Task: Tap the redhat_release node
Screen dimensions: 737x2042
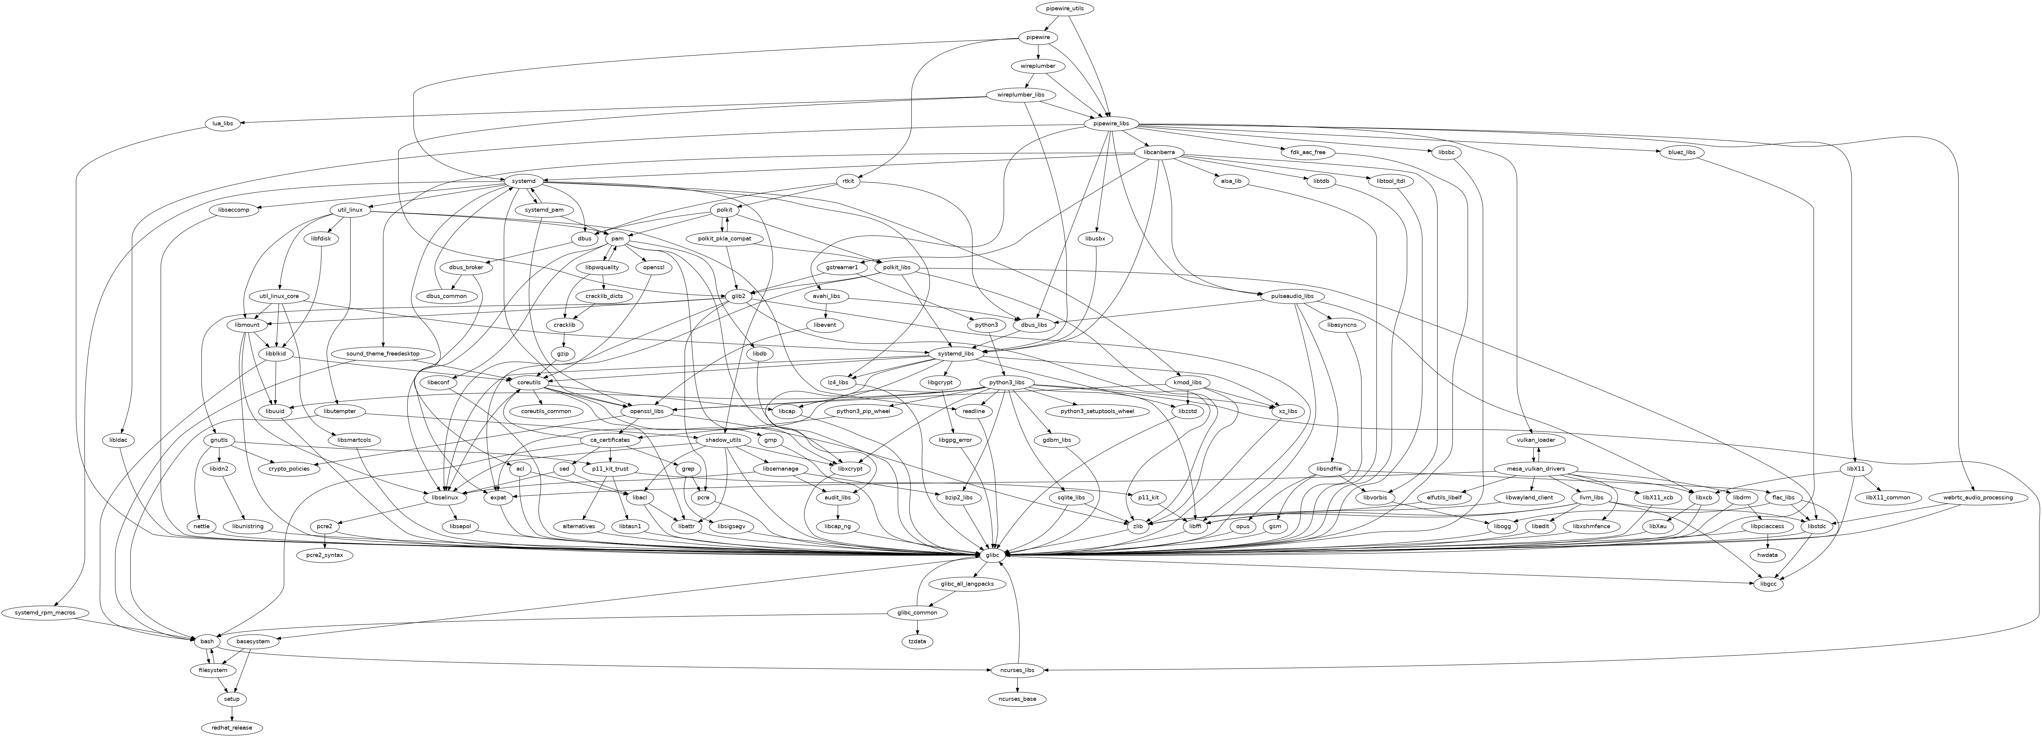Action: pyautogui.click(x=232, y=727)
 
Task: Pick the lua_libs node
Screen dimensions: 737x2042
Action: pyautogui.click(x=223, y=123)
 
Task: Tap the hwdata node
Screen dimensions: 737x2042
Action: pyautogui.click(x=1767, y=556)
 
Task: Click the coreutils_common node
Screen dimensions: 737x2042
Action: pyautogui.click(x=545, y=411)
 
